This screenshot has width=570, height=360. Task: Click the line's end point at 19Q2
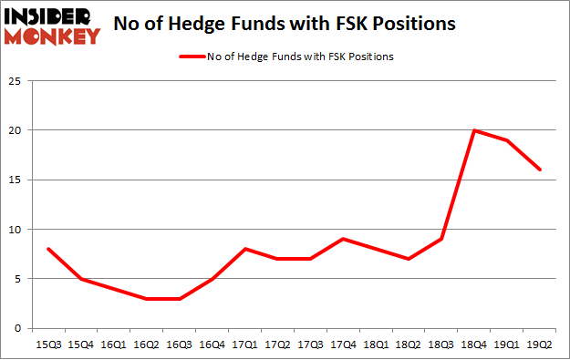click(x=541, y=170)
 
